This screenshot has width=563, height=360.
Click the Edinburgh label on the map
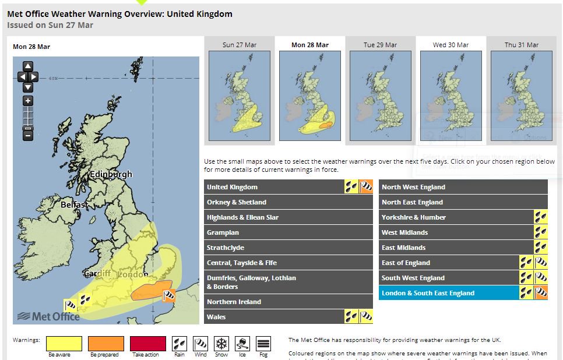[x=111, y=174]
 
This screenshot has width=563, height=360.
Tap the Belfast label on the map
[x=74, y=204]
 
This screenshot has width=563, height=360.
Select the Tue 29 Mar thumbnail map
[x=381, y=96]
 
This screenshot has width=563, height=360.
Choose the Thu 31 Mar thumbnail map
[x=521, y=96]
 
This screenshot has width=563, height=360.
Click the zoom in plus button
[x=27, y=101]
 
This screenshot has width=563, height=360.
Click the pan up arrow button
[x=27, y=66]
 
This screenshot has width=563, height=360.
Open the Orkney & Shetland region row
[x=288, y=202]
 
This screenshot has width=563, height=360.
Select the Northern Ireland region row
[x=288, y=302]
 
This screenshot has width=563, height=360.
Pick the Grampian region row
[x=288, y=232]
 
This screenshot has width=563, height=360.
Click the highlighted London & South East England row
[x=449, y=293]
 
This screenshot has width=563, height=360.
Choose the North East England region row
[x=463, y=202]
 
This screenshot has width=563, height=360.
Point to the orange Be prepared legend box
[x=105, y=343]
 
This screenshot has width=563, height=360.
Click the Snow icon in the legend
[x=221, y=343]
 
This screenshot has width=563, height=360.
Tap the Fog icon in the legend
[x=263, y=343]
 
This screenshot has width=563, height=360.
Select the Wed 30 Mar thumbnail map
[x=451, y=96]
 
